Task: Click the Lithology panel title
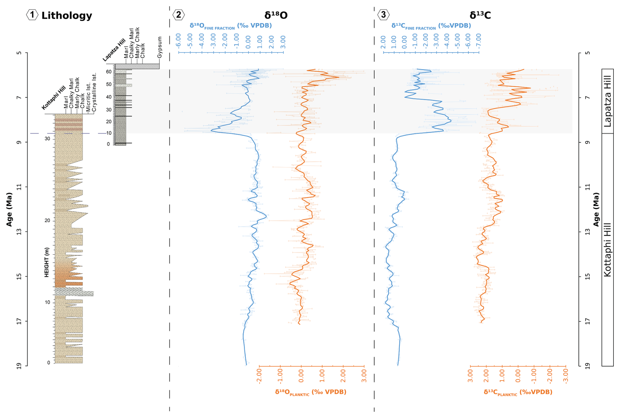coord(67,15)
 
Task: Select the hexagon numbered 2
coord(179,15)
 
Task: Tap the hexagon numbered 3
coord(383,15)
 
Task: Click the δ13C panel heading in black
coord(480,15)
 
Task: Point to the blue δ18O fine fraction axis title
coord(231,26)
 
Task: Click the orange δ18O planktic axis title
coord(311,392)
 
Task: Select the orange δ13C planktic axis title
coord(518,392)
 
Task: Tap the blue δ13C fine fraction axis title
coord(431,26)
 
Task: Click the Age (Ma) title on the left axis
coord(9,209)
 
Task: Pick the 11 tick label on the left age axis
coord(19,187)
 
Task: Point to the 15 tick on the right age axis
coord(588,276)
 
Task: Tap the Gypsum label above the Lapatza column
coord(160,47)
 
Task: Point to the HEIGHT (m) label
coord(47,262)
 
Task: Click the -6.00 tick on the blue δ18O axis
coord(179,41)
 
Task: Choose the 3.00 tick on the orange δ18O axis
coord(364,376)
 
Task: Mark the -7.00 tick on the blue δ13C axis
coord(478,41)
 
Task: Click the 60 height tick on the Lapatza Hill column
coord(109,72)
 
